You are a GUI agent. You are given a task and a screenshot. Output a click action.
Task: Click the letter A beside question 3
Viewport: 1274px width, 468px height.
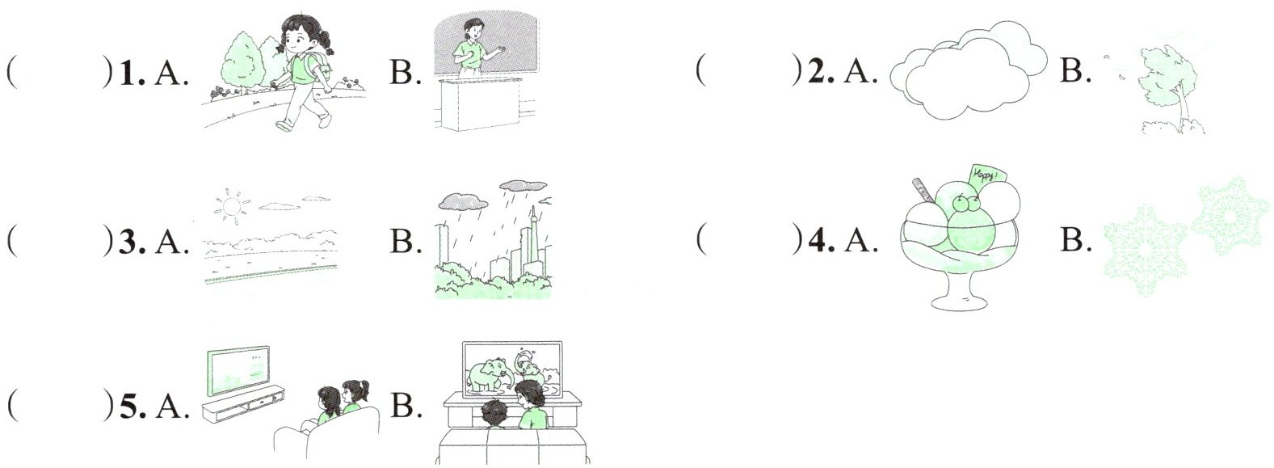click(x=170, y=242)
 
